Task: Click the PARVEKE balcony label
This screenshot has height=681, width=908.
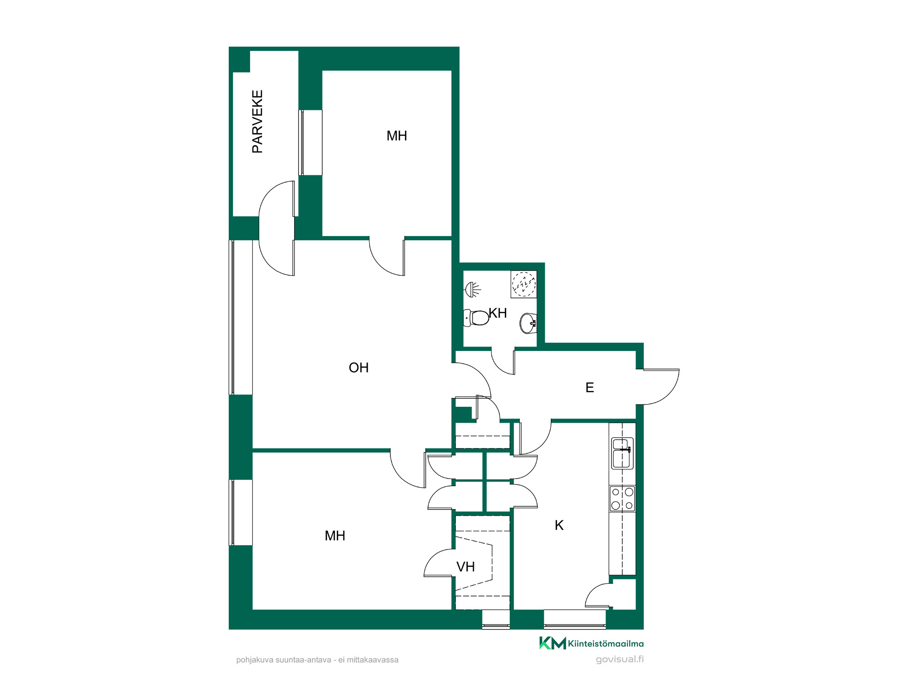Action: click(257, 122)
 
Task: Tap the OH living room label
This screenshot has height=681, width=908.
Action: click(359, 368)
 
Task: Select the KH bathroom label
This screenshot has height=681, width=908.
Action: click(498, 313)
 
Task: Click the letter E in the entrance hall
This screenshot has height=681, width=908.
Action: click(590, 388)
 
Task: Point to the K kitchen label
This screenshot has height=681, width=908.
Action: click(559, 525)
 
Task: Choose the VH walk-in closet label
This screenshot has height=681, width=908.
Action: click(465, 567)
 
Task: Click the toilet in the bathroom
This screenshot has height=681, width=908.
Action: click(476, 317)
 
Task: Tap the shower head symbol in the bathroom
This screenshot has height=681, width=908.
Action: click(473, 289)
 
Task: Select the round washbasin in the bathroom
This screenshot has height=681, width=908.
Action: click(528, 323)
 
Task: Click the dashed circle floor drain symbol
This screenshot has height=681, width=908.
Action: click(524, 284)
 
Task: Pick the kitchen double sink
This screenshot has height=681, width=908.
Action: click(622, 453)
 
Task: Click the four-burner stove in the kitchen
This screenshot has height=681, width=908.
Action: click(622, 498)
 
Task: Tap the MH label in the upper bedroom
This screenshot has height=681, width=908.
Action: click(397, 136)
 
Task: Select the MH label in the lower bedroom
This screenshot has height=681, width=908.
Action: click(335, 536)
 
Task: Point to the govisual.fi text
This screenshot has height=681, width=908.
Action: click(620, 659)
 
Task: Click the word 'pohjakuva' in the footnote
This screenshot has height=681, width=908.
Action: click(255, 660)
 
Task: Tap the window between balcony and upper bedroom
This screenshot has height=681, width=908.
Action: click(310, 143)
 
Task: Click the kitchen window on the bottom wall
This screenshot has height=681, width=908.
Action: click(575, 620)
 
